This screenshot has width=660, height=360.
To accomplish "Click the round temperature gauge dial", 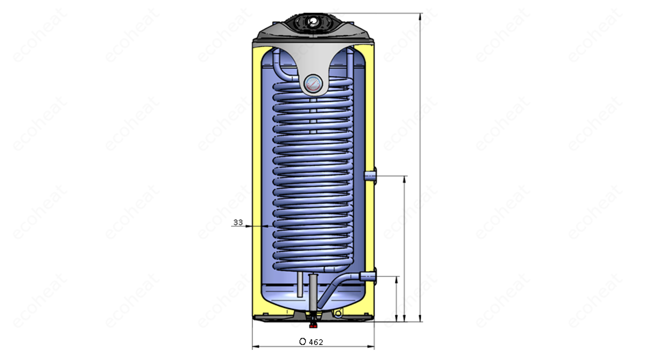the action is click(x=313, y=83).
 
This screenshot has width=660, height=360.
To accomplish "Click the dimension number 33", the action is click(x=238, y=222).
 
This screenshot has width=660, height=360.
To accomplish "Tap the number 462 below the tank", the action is click(x=316, y=342).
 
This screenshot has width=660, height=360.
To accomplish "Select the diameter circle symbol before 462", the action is click(x=302, y=341).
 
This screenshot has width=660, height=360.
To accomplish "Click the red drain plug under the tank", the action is click(x=313, y=325).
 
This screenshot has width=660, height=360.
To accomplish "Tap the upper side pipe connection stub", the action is click(x=370, y=176).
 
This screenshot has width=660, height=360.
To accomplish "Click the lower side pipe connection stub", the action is click(x=368, y=276).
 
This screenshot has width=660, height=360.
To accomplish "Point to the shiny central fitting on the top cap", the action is click(x=312, y=21).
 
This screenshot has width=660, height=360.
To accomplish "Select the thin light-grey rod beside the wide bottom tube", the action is click(x=300, y=284).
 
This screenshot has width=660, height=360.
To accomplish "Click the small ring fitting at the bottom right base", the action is click(x=338, y=313).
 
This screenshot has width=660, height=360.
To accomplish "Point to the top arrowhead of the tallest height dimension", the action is click(x=420, y=16).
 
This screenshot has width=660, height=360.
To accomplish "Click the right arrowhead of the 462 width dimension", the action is click(x=370, y=346).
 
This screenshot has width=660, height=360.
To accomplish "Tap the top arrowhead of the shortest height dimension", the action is click(x=396, y=280).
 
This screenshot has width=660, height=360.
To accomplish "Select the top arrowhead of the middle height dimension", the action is click(x=404, y=179).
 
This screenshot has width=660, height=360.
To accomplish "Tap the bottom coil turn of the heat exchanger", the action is click(x=312, y=267).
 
